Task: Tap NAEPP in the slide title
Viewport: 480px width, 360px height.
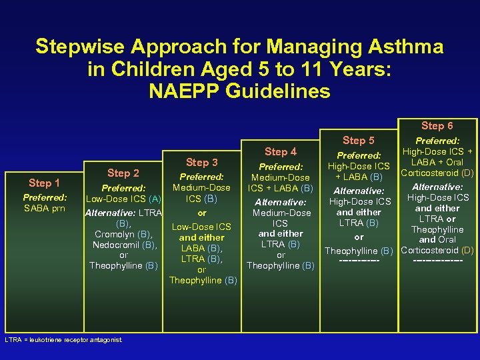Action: pos(189,91)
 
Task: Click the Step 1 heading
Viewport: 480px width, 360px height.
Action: pos(44,183)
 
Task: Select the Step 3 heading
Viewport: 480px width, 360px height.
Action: pos(201,163)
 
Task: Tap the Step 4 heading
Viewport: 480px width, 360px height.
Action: pos(280,152)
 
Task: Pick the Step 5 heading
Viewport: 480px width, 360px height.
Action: pos(359,141)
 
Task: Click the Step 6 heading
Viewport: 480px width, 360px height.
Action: pos(437,125)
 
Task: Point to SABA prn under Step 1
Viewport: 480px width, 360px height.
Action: pos(44,208)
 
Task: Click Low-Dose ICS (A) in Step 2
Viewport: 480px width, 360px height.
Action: pos(123,199)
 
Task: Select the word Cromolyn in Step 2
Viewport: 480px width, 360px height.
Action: pos(107,234)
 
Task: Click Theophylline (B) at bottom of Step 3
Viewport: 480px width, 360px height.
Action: pos(203,280)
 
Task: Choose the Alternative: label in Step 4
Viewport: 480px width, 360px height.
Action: pos(280,202)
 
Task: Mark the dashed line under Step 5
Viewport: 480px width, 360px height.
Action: pos(359,260)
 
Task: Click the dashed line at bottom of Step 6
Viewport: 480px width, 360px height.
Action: pos(437,260)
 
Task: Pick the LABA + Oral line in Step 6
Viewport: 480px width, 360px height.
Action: pos(437,163)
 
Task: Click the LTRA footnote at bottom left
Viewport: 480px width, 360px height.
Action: pos(63,340)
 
